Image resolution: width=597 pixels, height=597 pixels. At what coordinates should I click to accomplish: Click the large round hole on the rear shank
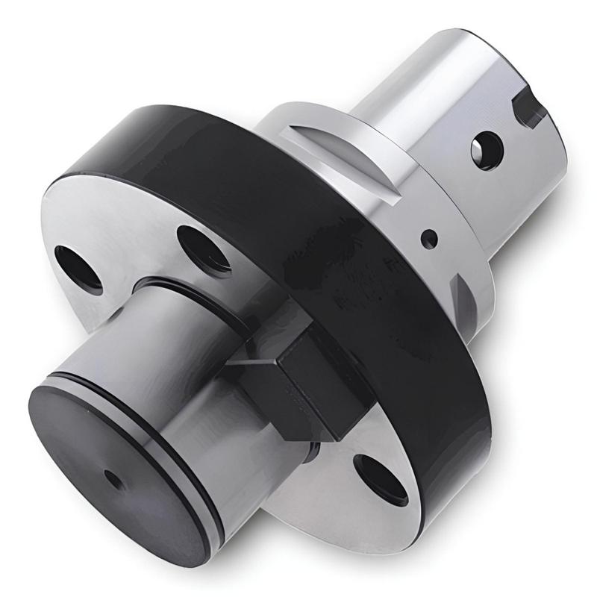click(x=486, y=148)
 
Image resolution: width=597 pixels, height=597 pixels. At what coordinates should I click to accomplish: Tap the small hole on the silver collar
click(x=430, y=239)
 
